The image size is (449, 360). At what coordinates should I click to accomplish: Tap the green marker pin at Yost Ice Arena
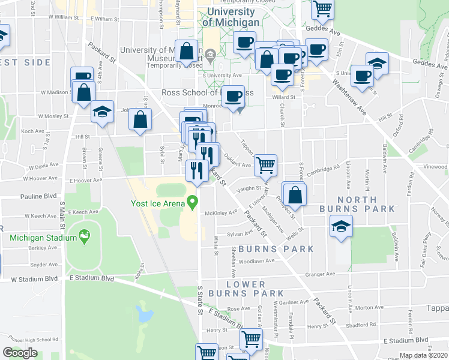tap(192, 203)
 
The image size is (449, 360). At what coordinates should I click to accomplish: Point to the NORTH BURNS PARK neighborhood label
tap(366, 204)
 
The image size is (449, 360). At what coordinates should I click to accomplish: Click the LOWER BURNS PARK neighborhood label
tap(255, 289)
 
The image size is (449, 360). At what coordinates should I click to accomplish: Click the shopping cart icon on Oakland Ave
tap(265, 163)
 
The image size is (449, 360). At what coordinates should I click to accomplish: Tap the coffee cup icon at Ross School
tap(235, 96)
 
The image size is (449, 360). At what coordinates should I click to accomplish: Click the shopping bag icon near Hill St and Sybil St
tap(140, 119)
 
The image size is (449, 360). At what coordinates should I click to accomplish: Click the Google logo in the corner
tap(20, 353)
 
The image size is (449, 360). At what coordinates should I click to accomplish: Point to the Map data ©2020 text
tap(423, 355)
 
